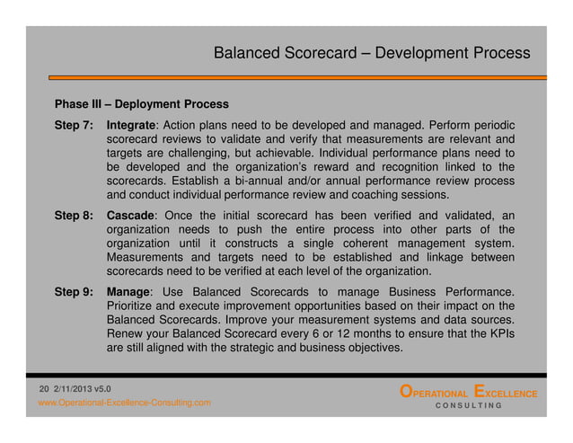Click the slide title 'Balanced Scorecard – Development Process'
(372, 53)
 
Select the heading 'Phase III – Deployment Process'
(142, 104)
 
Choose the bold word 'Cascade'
(131, 217)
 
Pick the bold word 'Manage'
(128, 293)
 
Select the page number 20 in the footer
(43, 386)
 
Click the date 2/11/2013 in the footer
(72, 386)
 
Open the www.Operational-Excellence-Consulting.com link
(124, 403)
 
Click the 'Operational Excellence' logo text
(468, 393)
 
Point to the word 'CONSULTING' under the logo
(468, 406)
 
